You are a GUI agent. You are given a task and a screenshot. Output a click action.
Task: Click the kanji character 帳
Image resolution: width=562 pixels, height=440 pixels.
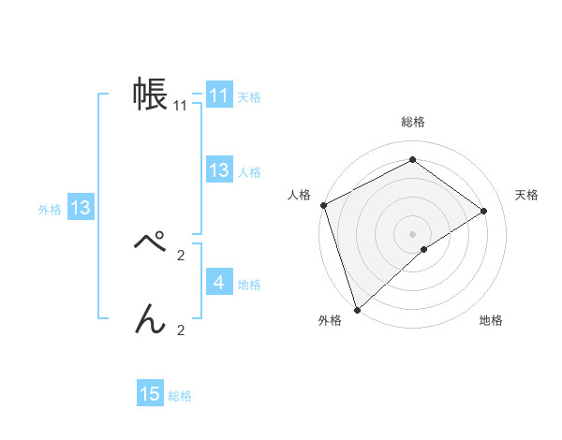[150, 95]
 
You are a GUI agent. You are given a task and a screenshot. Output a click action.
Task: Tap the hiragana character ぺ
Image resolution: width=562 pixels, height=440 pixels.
[150, 243]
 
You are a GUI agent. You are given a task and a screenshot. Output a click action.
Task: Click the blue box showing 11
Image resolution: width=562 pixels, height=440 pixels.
[219, 95]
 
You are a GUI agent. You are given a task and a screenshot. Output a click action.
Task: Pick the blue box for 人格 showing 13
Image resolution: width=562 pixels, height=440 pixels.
[219, 170]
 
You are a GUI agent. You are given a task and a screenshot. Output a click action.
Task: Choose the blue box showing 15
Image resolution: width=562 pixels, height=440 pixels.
[150, 394]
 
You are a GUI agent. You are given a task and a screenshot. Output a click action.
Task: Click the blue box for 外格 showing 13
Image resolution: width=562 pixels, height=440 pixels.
[81, 208]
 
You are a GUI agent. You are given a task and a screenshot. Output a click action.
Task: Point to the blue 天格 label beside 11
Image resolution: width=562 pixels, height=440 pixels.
[249, 97]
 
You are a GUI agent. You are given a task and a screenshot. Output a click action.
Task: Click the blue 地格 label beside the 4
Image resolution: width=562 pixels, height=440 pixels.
[249, 285]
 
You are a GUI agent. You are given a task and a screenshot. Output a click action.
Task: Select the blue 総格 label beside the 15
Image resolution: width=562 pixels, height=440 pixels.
[180, 397]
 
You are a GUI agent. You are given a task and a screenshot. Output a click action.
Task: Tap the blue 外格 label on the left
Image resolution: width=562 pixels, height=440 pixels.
[50, 211]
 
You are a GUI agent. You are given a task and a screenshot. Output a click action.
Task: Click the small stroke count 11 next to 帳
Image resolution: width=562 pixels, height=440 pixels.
[181, 106]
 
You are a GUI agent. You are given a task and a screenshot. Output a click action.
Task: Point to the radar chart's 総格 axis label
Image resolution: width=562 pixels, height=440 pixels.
[413, 122]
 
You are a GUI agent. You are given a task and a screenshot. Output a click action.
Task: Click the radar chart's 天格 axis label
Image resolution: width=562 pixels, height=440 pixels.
[527, 195]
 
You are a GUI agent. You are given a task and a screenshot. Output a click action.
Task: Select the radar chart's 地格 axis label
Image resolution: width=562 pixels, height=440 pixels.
[491, 321]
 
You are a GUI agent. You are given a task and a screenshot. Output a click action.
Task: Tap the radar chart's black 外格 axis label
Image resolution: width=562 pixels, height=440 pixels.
[330, 321]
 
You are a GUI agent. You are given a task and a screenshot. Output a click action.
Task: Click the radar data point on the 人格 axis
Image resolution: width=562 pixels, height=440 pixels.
[323, 205]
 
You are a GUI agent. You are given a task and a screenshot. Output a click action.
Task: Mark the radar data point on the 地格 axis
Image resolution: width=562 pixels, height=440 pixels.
[424, 249]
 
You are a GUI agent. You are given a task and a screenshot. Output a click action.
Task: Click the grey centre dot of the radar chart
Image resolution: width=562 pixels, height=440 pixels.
[412, 233]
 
